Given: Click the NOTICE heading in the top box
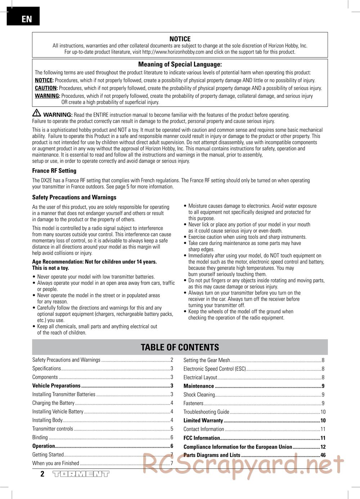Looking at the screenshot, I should [180, 39].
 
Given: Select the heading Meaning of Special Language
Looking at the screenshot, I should [180, 64].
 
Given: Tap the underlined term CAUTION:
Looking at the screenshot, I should [46, 88].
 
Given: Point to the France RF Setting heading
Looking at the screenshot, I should [54, 171].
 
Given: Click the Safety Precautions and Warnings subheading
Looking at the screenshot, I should [74, 197].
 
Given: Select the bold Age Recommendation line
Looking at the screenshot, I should [94, 262].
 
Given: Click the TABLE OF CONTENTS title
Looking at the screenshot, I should [180, 347].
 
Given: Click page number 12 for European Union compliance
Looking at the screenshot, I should [323, 447].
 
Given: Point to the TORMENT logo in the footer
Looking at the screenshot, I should [81, 474].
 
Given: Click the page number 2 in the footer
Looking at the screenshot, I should [42, 474].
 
